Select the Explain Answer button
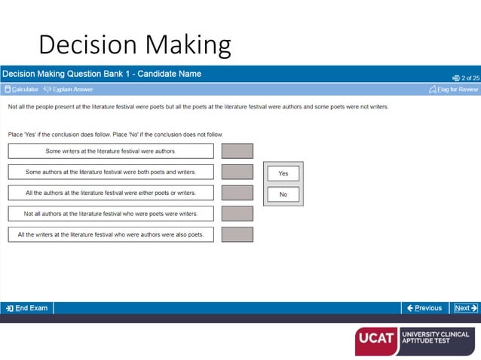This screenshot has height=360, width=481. coord(69,90)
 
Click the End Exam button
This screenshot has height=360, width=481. coord(27,308)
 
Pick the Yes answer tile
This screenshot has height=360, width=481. coord(283,173)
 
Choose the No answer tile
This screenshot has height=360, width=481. coord(283,194)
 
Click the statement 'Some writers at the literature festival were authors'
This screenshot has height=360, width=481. coord(111,151)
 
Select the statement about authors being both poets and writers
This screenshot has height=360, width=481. coord(111,172)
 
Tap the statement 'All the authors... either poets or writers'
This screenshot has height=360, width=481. coord(111,193)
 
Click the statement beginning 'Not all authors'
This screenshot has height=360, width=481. coord(111,214)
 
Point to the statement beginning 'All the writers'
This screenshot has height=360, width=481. coord(111,235)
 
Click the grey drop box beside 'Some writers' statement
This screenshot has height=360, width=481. coord(237,151)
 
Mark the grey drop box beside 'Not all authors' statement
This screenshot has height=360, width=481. coord(237,214)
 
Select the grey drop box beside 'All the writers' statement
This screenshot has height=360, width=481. coord(237,235)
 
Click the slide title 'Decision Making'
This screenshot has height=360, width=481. coord(134,45)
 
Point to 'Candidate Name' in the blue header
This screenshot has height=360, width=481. coord(173,74)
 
